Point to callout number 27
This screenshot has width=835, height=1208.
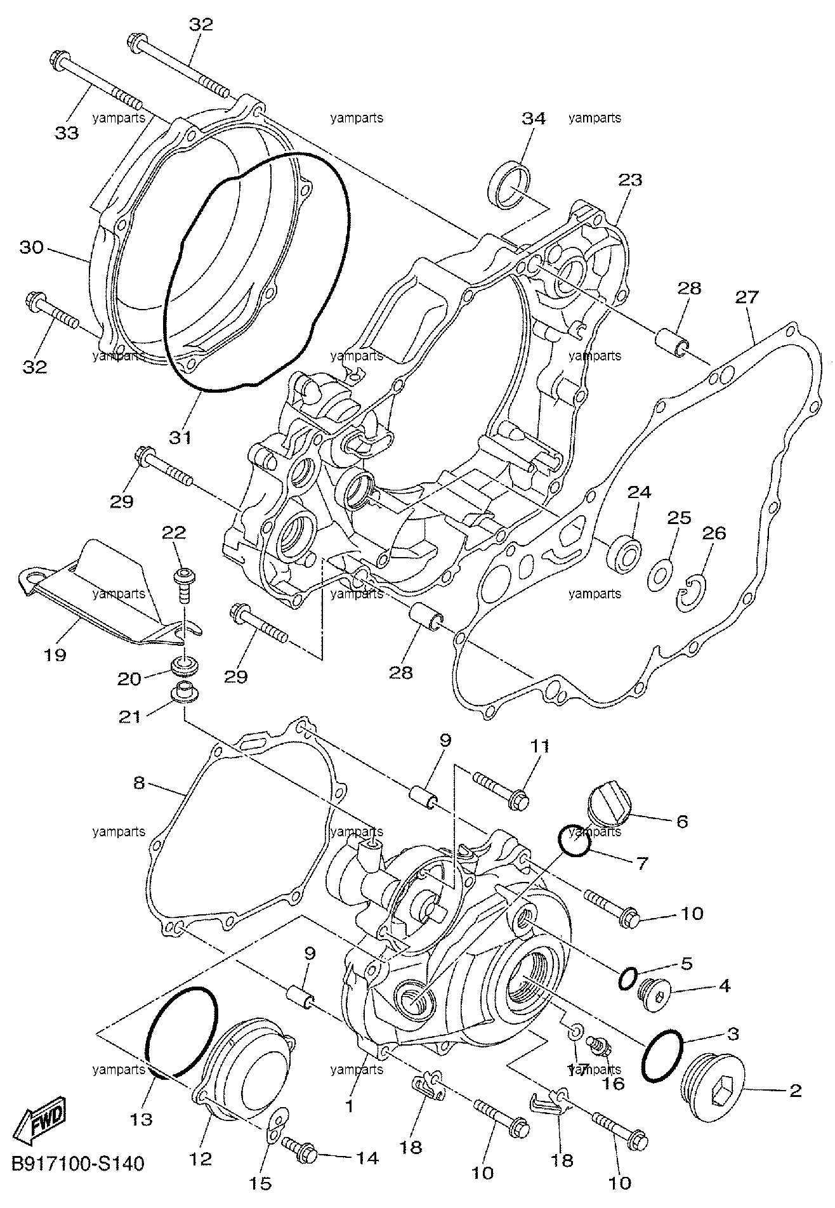click(747, 297)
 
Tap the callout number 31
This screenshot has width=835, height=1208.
click(180, 437)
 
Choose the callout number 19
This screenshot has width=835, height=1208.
click(56, 654)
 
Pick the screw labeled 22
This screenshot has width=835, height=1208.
click(184, 582)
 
